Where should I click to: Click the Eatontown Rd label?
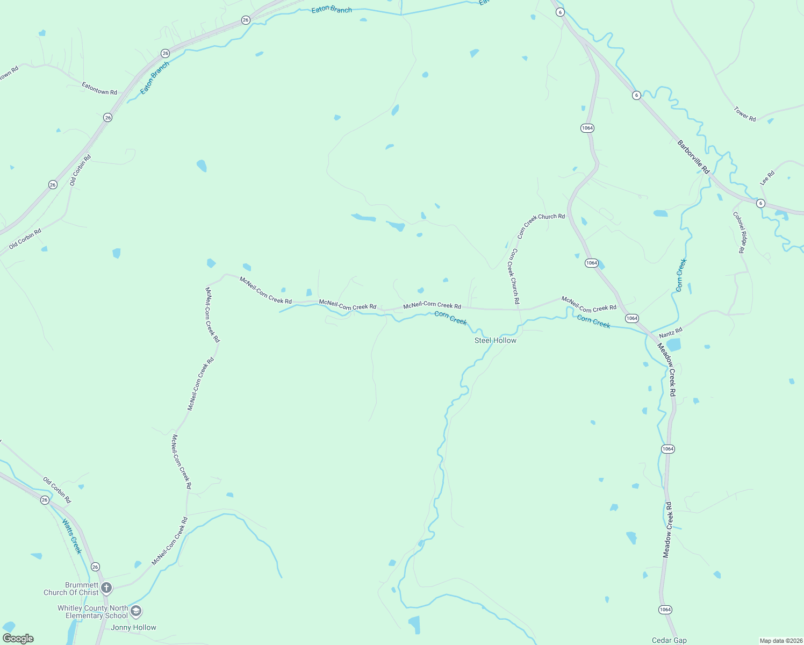[x=99, y=89]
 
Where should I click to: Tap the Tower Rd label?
[x=745, y=114]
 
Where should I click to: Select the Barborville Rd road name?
[x=693, y=157]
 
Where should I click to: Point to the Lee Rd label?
[x=767, y=178]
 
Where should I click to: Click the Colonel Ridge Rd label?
[x=740, y=232]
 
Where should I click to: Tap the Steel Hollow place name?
[x=495, y=340]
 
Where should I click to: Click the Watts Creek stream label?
[x=71, y=536]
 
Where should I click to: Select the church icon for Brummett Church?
[x=106, y=587]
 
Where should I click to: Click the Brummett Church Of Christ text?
[x=71, y=589]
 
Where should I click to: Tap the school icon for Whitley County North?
[x=137, y=611]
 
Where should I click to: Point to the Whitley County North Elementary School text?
[x=93, y=612]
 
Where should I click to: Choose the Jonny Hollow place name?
[x=133, y=627]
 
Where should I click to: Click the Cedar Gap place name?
[x=669, y=640]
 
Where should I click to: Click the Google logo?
[x=18, y=638]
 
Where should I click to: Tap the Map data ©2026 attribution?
[x=780, y=641]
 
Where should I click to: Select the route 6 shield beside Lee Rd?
[x=760, y=203]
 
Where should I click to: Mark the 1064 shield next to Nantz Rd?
[x=632, y=318]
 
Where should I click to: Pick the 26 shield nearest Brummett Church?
[x=95, y=567]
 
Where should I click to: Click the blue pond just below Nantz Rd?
[x=673, y=345]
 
